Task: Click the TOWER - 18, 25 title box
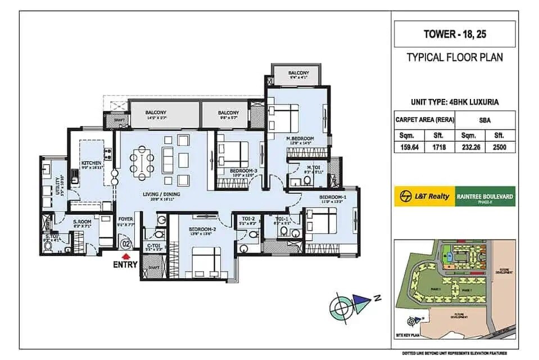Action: click(x=455, y=34)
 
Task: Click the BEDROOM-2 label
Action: click(x=200, y=229)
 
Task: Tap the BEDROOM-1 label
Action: click(x=333, y=197)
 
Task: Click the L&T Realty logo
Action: click(x=424, y=196)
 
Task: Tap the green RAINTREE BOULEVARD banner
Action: click(x=485, y=196)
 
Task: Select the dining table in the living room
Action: click(x=141, y=163)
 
